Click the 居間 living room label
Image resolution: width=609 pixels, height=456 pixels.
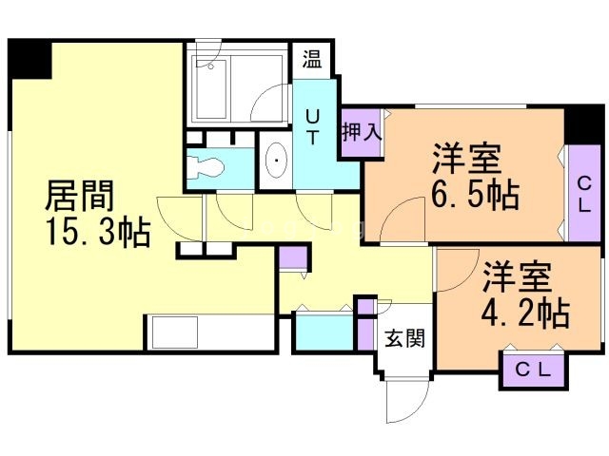pos(81,197)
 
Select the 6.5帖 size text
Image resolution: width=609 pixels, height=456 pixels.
pos(475,197)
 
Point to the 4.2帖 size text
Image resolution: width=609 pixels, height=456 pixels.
pos(523,312)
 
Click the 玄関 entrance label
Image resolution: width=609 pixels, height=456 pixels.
pos(403,336)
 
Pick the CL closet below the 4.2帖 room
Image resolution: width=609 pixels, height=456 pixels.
pos(532,370)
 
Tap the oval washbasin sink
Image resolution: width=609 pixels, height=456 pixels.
pos(276,162)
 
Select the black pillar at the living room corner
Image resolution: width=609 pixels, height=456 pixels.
pos(31,59)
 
